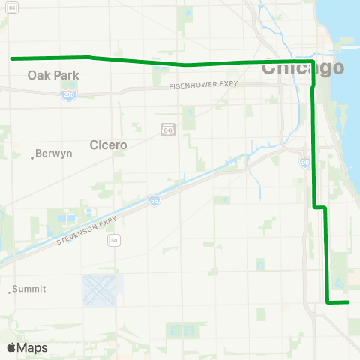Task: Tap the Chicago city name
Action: coord(303,68)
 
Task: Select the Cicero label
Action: coord(108,144)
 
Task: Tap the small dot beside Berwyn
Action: coord(32,157)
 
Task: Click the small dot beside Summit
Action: coord(10,292)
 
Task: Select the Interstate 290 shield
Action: coord(67,95)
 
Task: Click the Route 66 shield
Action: coord(168,130)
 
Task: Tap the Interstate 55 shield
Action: coord(154,202)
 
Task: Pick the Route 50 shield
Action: coord(113,240)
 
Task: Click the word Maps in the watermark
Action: coord(32,347)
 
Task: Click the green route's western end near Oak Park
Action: coord(11,58)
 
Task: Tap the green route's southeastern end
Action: coord(349,302)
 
